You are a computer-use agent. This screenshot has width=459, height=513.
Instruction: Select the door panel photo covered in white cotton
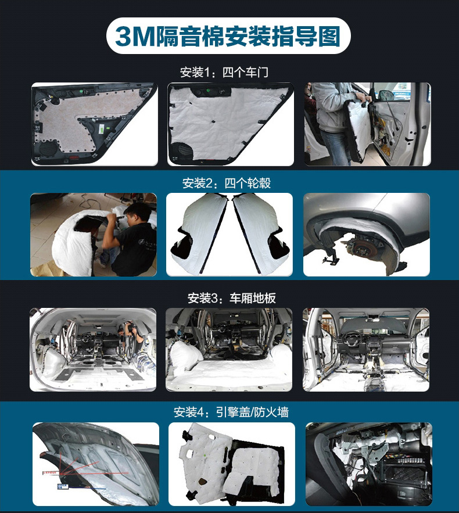(x=230, y=124)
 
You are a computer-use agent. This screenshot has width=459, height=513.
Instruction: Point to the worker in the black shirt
(x=131, y=238)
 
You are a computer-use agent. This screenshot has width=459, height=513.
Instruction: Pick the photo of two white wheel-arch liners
(x=230, y=234)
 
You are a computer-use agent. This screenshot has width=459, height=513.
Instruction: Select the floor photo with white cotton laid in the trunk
(x=230, y=349)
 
